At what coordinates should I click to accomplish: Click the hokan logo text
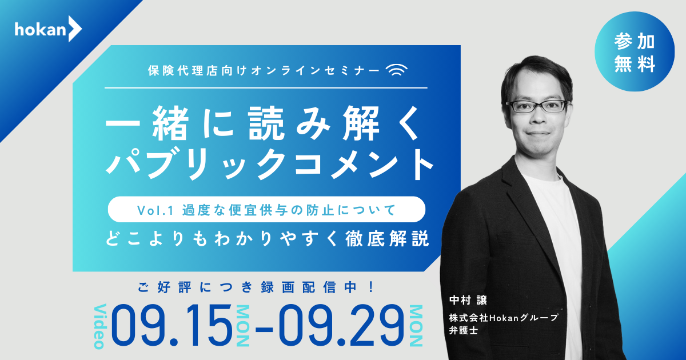[x=40, y=30]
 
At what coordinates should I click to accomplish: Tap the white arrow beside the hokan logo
[x=75, y=29]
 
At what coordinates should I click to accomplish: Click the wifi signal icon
[x=397, y=70]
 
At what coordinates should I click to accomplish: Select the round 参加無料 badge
[x=634, y=51]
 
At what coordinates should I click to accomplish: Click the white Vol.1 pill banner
[x=266, y=209]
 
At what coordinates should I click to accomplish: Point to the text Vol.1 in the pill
[x=155, y=210]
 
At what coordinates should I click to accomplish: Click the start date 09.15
[x=171, y=325]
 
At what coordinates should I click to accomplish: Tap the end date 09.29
[x=341, y=325]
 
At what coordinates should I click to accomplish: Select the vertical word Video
[x=100, y=326]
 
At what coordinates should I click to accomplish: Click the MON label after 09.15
[x=243, y=326]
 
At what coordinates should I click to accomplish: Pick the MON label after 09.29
[x=416, y=326]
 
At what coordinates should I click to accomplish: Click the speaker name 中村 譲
[x=468, y=300]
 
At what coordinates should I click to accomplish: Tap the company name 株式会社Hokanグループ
[x=504, y=318]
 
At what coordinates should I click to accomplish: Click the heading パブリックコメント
[x=269, y=165]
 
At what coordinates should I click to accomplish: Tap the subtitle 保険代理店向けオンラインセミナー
[x=264, y=70]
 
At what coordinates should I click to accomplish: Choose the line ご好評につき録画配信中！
[x=256, y=287]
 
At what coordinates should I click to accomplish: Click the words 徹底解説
[x=387, y=239]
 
